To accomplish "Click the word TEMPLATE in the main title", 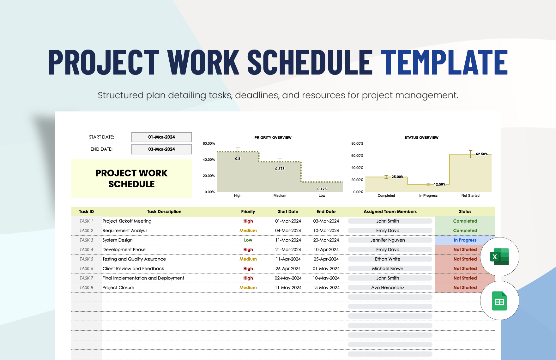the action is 444,62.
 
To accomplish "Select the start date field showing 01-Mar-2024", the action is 161,137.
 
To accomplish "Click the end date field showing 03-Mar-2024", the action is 161,149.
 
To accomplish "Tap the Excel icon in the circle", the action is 499,257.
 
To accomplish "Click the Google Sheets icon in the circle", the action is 499,301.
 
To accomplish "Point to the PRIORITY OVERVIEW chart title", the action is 273,138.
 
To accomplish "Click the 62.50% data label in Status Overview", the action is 481,154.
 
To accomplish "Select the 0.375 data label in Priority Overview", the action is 280,169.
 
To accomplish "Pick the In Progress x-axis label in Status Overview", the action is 428,196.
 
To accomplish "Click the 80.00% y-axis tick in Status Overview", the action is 357,144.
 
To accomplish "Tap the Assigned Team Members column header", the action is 390,212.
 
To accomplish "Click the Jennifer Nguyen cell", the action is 388,240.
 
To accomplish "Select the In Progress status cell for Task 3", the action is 465,240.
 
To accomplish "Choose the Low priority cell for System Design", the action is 248,240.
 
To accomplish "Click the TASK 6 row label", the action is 86,268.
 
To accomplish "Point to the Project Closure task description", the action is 118,288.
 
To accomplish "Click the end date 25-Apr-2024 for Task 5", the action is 326,259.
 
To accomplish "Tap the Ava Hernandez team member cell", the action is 388,288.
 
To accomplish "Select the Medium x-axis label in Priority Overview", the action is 280,196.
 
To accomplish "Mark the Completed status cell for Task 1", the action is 465,221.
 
